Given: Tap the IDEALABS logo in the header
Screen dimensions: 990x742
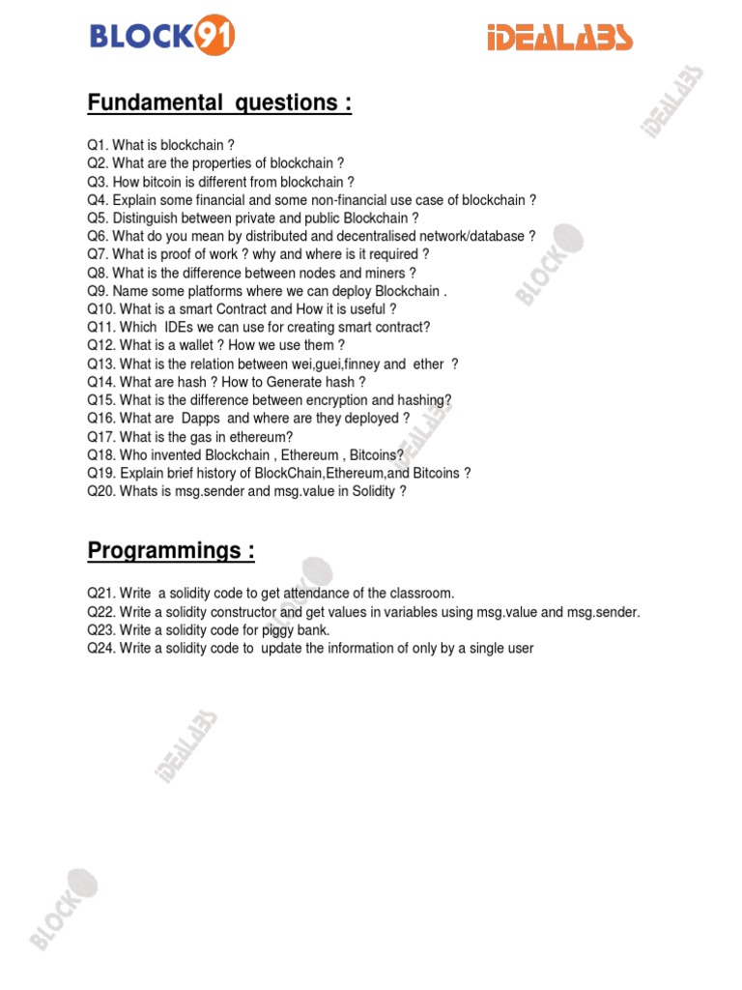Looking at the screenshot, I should point(558,39).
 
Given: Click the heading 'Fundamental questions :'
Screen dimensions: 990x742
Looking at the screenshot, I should point(219,103).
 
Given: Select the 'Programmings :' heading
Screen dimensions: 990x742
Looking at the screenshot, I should point(171,551).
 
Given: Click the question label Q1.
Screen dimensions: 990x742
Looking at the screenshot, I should point(98,146).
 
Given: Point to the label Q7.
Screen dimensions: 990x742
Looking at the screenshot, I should point(98,254).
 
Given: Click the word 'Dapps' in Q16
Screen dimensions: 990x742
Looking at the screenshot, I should point(201,419).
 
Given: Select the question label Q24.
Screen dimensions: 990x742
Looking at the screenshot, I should point(101,648).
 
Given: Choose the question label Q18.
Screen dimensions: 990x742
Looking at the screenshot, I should point(101,454).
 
